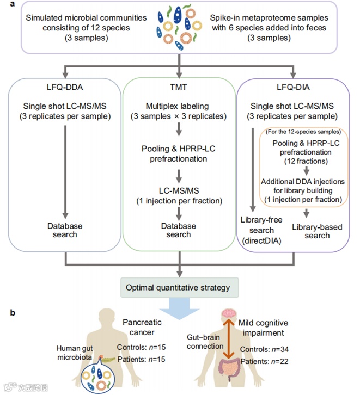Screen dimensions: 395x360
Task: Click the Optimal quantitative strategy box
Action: (x=179, y=287)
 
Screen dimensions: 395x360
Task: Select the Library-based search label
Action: (x=317, y=230)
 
